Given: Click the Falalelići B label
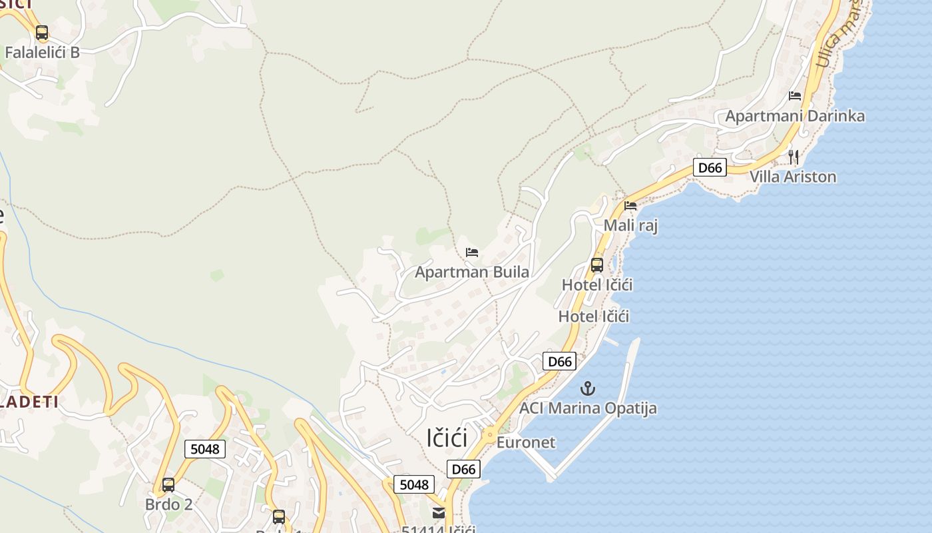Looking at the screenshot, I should pyautogui.click(x=42, y=53).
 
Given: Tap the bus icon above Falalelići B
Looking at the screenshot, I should pyautogui.click(x=42, y=32).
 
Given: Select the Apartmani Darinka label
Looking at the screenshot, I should pyautogui.click(x=795, y=116).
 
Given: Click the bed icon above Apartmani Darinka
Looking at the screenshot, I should pyautogui.click(x=795, y=95).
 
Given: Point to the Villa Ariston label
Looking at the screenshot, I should pyautogui.click(x=793, y=177).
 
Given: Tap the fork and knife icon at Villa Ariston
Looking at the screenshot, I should pyautogui.click(x=793, y=157).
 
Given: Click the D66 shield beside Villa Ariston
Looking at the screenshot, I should pyautogui.click(x=710, y=167).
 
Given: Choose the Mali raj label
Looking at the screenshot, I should pyautogui.click(x=630, y=225).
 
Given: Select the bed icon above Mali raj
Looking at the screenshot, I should pyautogui.click(x=630, y=205).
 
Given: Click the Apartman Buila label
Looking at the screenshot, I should pyautogui.click(x=472, y=272).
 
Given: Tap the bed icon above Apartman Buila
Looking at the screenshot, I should pyautogui.click(x=472, y=252).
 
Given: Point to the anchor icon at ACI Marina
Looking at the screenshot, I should pyautogui.click(x=588, y=388).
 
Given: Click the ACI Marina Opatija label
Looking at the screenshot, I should pyautogui.click(x=588, y=408).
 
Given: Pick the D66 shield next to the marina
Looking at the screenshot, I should pyautogui.click(x=559, y=361).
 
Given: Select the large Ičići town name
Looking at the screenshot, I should pyautogui.click(x=447, y=438).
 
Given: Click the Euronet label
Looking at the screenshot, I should pyautogui.click(x=526, y=442).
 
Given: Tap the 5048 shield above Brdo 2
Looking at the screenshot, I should pyautogui.click(x=204, y=449).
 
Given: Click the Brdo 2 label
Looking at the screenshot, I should pyautogui.click(x=168, y=504).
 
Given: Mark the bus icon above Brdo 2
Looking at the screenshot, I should pyautogui.click(x=168, y=484).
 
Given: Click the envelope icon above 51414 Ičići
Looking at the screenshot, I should pyautogui.click(x=438, y=513).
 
